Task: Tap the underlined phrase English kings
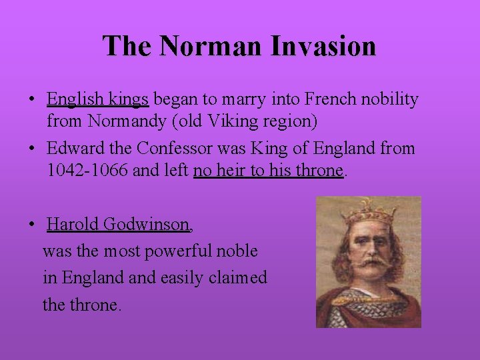point(97,99)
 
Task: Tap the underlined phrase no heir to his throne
point(268,171)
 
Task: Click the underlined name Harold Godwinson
point(119,225)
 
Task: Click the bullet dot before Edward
point(32,149)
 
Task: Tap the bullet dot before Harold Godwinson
point(32,225)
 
